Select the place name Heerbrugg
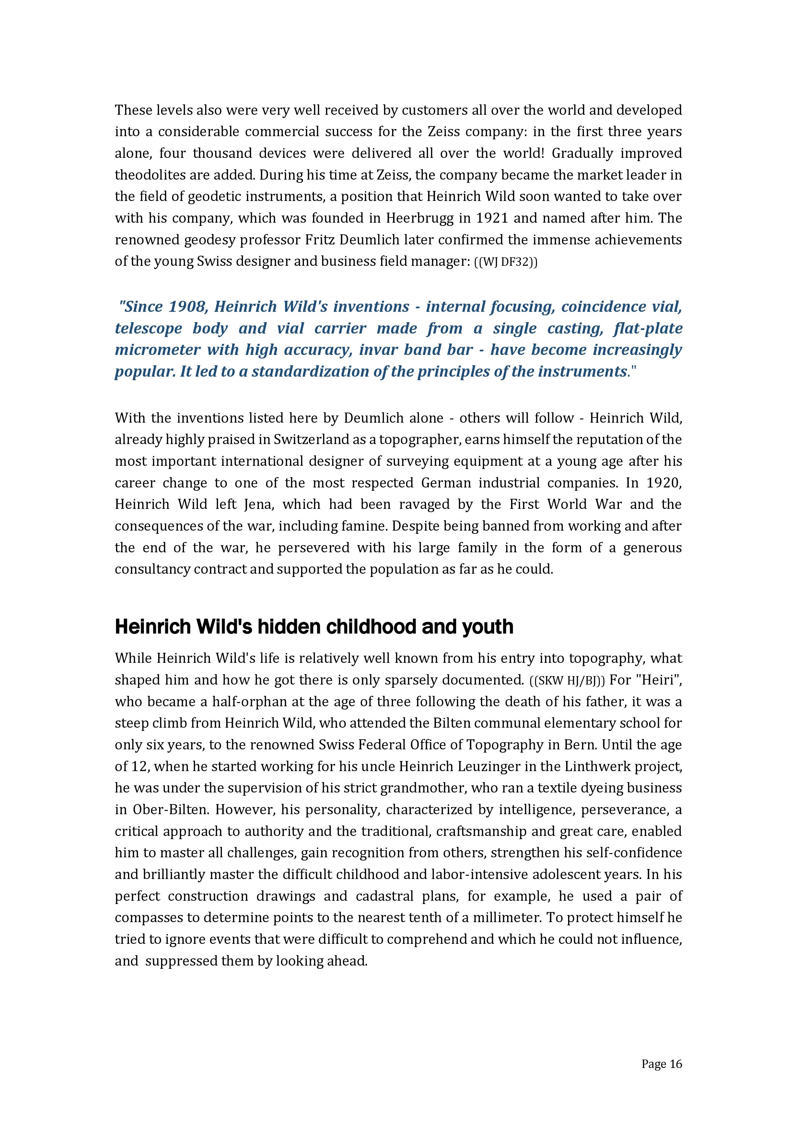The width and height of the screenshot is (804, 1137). [413, 218]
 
